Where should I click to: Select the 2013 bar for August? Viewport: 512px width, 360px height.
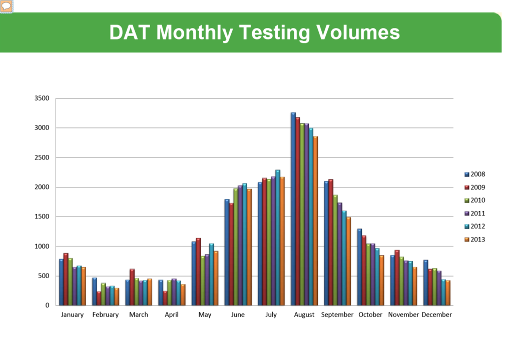point(315,220)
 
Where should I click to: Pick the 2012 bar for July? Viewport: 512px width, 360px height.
point(278,237)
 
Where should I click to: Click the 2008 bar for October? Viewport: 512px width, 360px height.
point(359,267)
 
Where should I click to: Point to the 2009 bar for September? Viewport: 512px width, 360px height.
point(331,242)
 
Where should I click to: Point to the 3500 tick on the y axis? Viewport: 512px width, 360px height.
point(42,98)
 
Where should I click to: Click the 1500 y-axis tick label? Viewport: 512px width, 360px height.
point(42,217)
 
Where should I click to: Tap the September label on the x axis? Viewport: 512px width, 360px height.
point(337,315)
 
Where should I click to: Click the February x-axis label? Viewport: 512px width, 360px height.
point(106,315)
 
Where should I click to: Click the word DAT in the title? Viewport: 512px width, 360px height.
point(130,32)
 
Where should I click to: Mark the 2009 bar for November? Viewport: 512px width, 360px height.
point(397,277)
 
